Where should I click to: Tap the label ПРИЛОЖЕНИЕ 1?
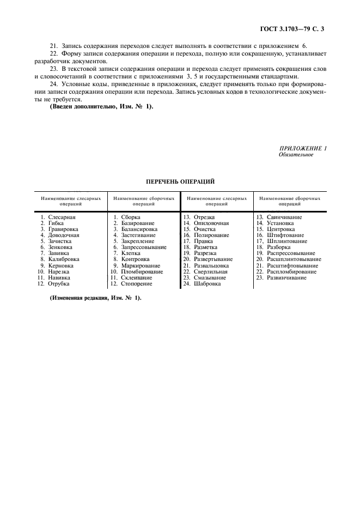click(303, 148)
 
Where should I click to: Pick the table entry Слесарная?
click(62, 217)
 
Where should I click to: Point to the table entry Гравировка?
click(63, 229)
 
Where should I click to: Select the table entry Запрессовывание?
click(144, 247)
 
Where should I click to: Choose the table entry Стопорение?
click(137, 283)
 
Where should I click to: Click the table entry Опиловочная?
click(211, 223)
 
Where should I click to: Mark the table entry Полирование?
click(211, 235)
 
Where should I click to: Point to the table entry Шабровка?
click(207, 283)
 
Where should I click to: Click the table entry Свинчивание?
click(284, 217)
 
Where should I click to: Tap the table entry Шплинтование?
click(287, 241)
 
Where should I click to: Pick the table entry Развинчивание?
click(286, 277)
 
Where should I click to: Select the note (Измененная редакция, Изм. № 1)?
click(95, 297)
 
